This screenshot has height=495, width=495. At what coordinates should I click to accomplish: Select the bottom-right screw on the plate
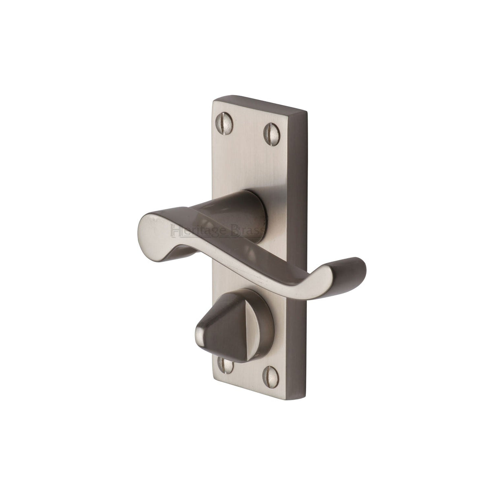pos(270,377)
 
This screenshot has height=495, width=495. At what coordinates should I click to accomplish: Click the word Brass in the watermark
pos(247,232)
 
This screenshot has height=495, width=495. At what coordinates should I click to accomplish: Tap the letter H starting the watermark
pos(177,231)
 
